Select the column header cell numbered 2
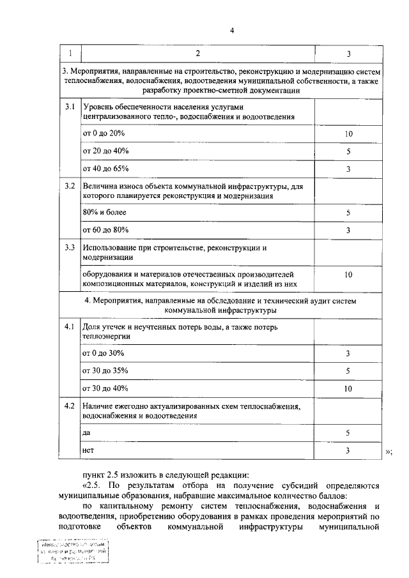click(x=197, y=54)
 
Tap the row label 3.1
click(x=70, y=106)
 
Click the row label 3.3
click(x=70, y=247)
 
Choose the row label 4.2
click(x=70, y=406)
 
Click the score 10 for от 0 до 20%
click(x=348, y=134)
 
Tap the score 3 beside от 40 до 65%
click(x=348, y=169)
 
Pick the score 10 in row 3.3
click(x=348, y=275)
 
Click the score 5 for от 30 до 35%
click(x=348, y=370)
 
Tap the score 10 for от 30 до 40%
click(x=348, y=388)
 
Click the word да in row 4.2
click(x=87, y=432)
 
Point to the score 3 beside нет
click(x=348, y=450)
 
